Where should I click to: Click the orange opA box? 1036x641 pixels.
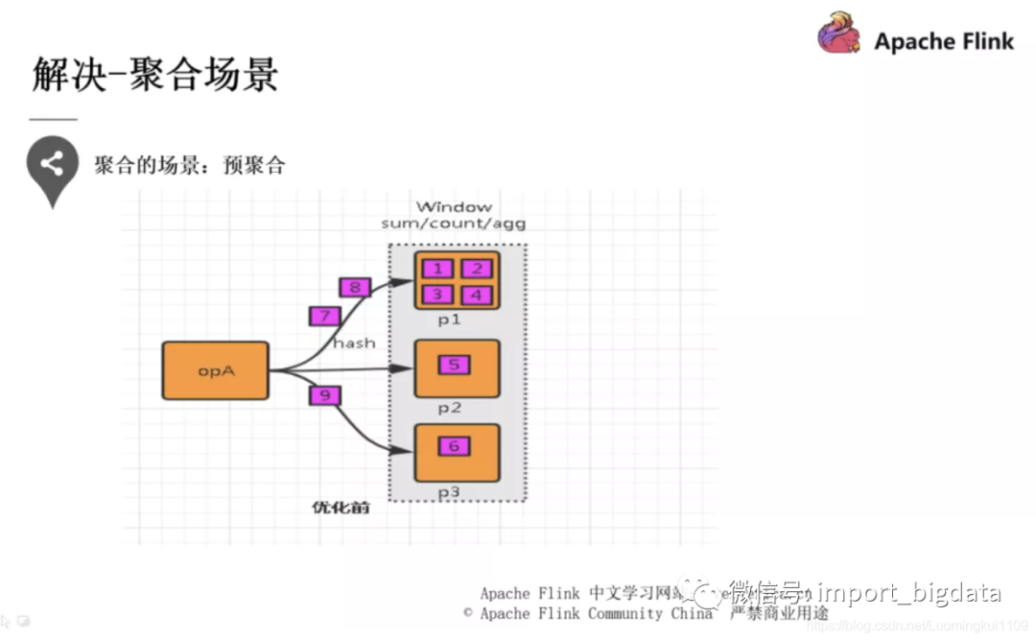coord(216,370)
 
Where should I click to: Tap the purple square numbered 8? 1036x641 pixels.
coord(355,287)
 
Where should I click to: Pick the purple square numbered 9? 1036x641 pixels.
coord(325,394)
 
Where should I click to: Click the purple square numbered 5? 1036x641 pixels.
coord(455,365)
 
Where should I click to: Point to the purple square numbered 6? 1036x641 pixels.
coord(455,445)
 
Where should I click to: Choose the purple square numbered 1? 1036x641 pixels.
coord(437,269)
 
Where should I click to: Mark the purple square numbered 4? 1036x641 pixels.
coord(477,295)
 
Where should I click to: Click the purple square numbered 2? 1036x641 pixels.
coord(477,269)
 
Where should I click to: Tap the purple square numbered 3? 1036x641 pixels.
coord(437,295)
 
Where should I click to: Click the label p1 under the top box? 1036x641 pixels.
coord(450,320)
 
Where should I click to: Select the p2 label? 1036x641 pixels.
coord(450,408)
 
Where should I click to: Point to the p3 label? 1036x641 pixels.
coord(450,491)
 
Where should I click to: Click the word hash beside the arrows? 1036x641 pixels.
coord(354,342)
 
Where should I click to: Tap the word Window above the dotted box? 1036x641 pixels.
coord(454,206)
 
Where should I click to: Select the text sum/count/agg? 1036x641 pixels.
coord(454,224)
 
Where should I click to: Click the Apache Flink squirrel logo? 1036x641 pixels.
coord(839,33)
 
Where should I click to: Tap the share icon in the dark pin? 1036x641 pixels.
coord(52,164)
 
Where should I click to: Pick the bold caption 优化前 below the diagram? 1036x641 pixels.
coord(341,507)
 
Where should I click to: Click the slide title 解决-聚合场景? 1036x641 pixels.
coord(154,76)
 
